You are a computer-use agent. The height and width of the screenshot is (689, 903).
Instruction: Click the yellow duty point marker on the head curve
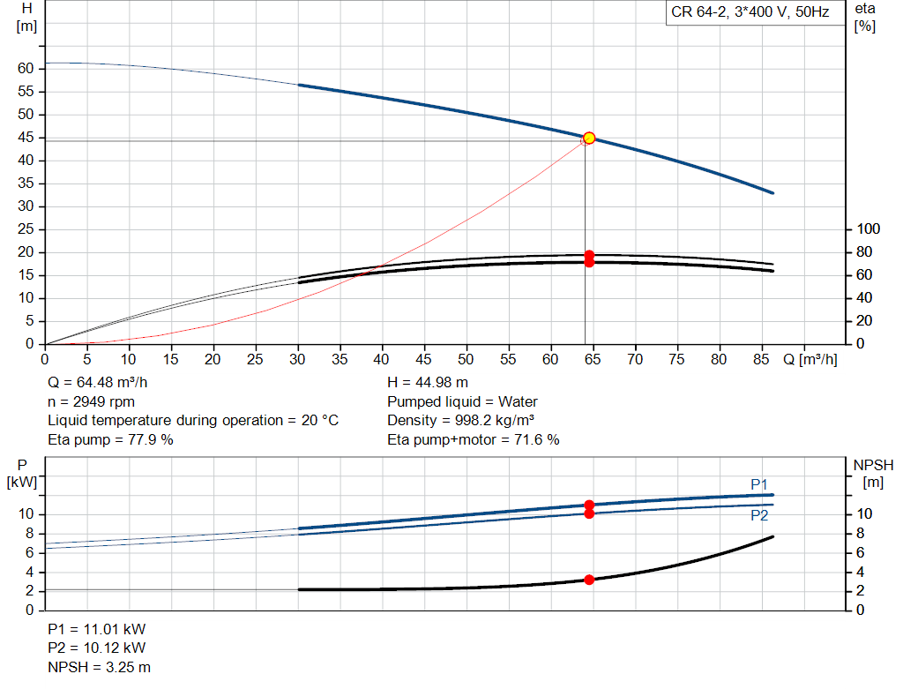(589, 138)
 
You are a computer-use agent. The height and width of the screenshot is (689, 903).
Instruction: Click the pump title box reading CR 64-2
(750, 13)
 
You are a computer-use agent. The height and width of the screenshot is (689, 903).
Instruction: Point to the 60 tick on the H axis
(26, 69)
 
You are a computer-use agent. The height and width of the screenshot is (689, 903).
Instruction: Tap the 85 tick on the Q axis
(761, 360)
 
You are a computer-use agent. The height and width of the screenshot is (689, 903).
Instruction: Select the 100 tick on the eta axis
(869, 229)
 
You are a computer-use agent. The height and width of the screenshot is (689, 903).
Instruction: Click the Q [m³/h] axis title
(810, 360)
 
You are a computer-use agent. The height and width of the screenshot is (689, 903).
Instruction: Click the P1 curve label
(759, 484)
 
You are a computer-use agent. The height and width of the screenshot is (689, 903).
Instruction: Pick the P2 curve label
(759, 515)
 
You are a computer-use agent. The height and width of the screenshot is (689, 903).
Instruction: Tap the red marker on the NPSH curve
(589, 580)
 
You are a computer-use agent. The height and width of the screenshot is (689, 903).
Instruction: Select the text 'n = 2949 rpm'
(91, 401)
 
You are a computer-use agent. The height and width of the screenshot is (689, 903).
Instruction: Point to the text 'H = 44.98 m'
(428, 383)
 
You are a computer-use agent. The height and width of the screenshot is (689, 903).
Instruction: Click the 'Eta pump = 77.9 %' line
(110, 439)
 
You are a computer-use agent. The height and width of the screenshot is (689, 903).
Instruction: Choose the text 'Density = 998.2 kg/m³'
(461, 420)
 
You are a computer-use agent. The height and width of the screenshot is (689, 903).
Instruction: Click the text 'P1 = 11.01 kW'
(96, 630)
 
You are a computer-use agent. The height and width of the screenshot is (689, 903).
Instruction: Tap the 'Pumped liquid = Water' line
(462, 401)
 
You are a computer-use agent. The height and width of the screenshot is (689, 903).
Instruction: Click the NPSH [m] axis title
(873, 473)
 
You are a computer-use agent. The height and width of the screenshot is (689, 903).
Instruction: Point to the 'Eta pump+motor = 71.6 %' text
(474, 439)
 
